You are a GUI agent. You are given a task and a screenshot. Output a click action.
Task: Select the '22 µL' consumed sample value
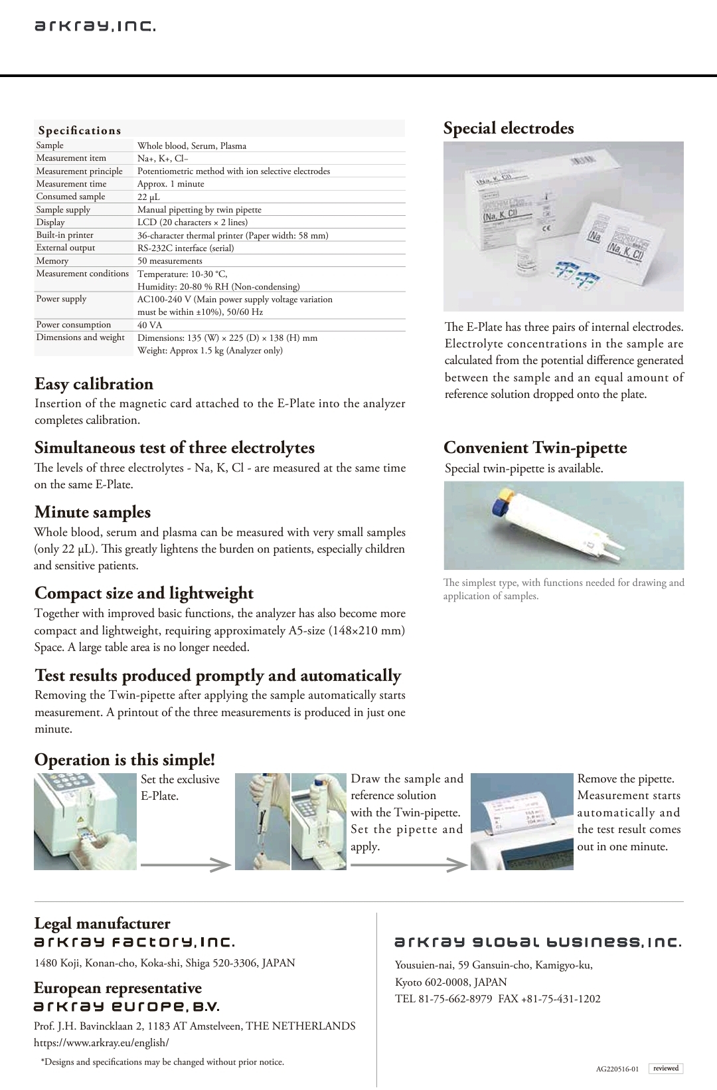click(x=149, y=197)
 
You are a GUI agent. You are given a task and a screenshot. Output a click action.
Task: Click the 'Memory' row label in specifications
click(x=52, y=261)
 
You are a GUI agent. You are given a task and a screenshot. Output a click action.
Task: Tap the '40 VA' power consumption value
click(x=149, y=325)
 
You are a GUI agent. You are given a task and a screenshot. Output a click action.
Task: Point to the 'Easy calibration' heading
click(x=94, y=384)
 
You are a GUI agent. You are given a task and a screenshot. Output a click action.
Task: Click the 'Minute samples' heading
click(x=92, y=512)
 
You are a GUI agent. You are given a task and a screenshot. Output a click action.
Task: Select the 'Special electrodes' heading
click(x=509, y=128)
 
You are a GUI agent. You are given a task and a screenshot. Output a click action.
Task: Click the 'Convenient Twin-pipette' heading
click(x=535, y=448)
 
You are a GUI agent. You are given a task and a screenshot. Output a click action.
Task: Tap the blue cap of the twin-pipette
click(x=497, y=507)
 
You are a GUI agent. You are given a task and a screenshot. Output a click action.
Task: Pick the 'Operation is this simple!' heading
click(x=125, y=760)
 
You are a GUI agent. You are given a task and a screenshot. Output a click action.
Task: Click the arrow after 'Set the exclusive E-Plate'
click(x=185, y=865)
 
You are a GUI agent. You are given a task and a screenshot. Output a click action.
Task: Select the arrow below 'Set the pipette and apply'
click(x=409, y=865)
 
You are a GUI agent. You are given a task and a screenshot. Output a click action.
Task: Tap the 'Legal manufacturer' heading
click(x=102, y=923)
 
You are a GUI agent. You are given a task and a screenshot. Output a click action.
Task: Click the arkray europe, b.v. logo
click(x=127, y=1007)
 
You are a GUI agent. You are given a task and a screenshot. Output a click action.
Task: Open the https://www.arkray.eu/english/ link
click(x=102, y=1043)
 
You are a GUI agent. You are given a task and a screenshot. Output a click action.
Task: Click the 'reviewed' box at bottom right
click(x=665, y=1069)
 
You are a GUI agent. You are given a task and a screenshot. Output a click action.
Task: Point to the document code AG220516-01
click(x=617, y=1069)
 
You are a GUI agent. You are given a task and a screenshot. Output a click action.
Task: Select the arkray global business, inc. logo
click(x=538, y=943)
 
